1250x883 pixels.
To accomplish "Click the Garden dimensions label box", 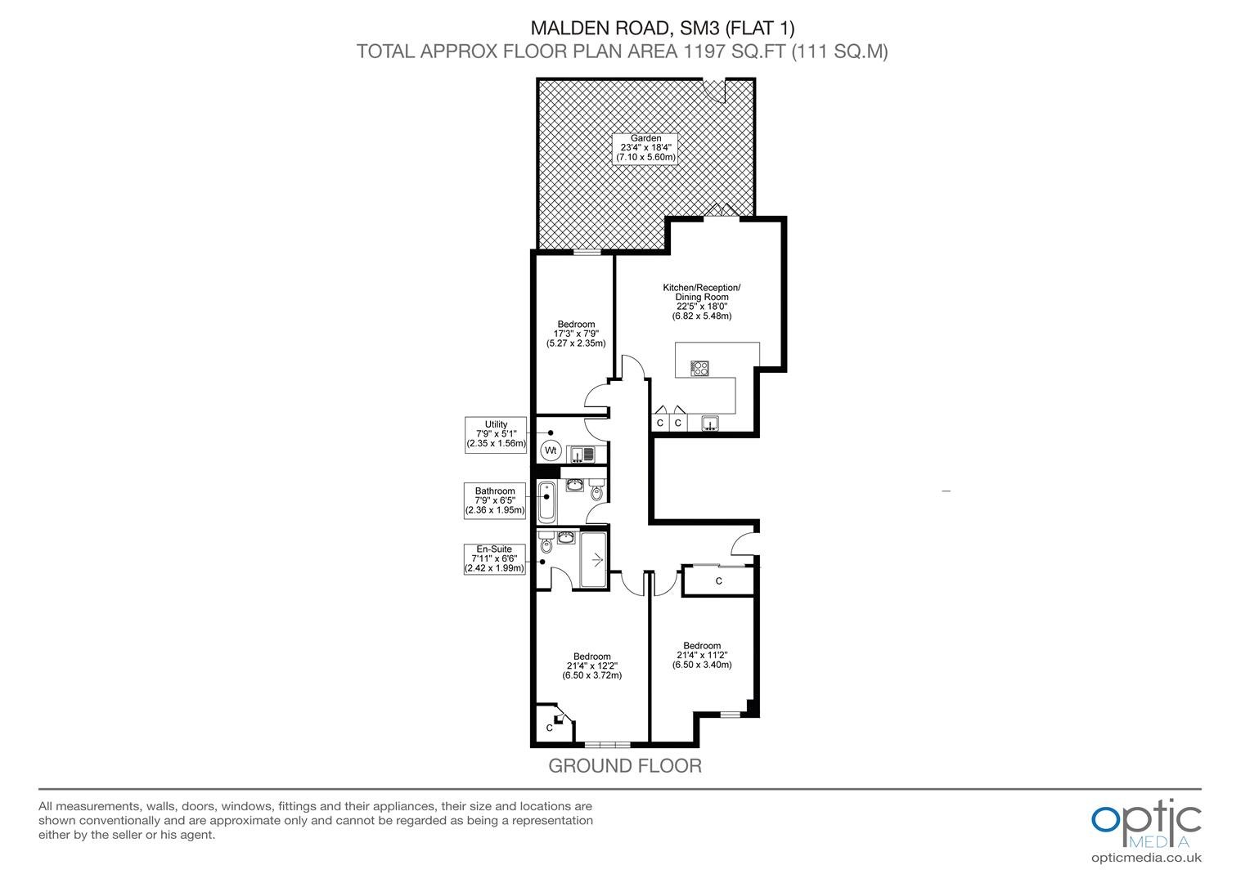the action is pyautogui.click(x=645, y=148).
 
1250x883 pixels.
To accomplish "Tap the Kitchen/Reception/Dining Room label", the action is pyautogui.click(x=701, y=302).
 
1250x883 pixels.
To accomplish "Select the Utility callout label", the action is pyautogui.click(x=496, y=434).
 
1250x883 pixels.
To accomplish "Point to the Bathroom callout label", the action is pyautogui.click(x=495, y=501).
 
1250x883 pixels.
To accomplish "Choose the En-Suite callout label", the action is pyautogui.click(x=494, y=559).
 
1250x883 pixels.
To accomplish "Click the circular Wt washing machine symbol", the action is pyautogui.click(x=551, y=450).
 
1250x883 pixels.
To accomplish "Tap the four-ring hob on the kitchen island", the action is pyautogui.click(x=699, y=368).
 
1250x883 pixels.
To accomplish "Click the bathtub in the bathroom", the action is pyautogui.click(x=546, y=502).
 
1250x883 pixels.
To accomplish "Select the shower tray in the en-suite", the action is pyautogui.click(x=593, y=559).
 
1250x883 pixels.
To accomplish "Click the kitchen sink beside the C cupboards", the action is pyautogui.click(x=709, y=424).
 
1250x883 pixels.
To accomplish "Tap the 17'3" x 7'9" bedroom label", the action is pyautogui.click(x=576, y=334).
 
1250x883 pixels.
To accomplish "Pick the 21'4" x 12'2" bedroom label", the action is pyautogui.click(x=591, y=666).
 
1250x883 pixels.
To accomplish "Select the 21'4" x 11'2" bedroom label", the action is pyautogui.click(x=702, y=655).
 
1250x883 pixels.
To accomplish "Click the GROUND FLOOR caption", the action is pyautogui.click(x=625, y=766).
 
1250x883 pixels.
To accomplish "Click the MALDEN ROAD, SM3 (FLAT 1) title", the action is pyautogui.click(x=663, y=28).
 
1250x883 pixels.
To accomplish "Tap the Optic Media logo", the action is pyautogui.click(x=1146, y=824).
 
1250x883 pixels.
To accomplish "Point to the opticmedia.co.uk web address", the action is pyautogui.click(x=1146, y=858).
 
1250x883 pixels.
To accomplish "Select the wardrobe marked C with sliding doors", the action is pyautogui.click(x=718, y=580).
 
